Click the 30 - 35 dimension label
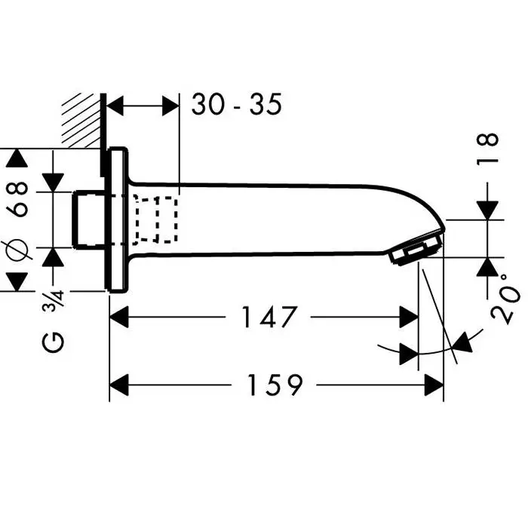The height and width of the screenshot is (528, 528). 236,105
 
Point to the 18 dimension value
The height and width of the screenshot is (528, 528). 489,149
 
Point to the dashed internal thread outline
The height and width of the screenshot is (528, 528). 157,219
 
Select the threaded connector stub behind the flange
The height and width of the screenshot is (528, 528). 90,219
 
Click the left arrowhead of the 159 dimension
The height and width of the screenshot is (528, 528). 121,385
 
